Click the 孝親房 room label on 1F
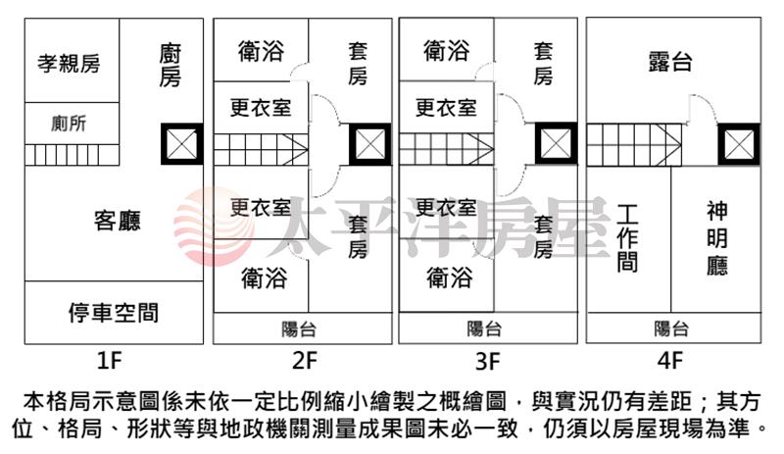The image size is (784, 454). pyautogui.click(x=69, y=65)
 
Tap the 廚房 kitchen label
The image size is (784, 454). pyautogui.click(x=170, y=65)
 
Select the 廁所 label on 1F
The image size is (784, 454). pyautogui.click(x=69, y=124)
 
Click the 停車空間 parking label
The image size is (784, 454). pyautogui.click(x=114, y=314)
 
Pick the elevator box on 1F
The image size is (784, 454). pyautogui.click(x=181, y=145)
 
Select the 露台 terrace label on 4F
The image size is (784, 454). pyautogui.click(x=670, y=62)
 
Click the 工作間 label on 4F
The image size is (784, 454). pyautogui.click(x=628, y=238)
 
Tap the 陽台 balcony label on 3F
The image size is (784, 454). pyautogui.click(x=484, y=328)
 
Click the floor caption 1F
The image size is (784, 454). pyautogui.click(x=111, y=360)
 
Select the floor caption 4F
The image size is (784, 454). pyautogui.click(x=670, y=360)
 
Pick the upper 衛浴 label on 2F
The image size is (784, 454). pyautogui.click(x=262, y=51)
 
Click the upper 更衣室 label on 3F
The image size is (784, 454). pyautogui.click(x=446, y=107)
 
